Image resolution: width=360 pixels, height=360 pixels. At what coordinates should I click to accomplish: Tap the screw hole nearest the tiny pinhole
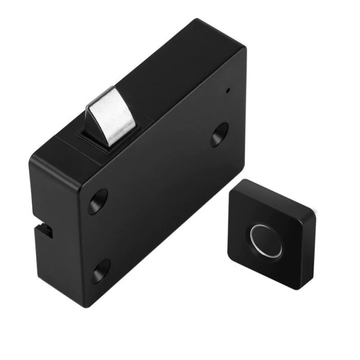tap(219, 134)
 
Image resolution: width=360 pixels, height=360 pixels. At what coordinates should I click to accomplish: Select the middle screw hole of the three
tap(97, 201)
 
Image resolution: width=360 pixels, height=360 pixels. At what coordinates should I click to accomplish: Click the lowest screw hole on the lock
tap(101, 271)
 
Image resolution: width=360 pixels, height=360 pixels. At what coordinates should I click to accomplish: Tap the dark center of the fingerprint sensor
tap(266, 240)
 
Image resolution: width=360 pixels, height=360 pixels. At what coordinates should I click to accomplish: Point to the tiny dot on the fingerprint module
tap(294, 255)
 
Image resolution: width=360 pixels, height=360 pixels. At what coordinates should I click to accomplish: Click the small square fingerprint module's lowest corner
tap(295, 288)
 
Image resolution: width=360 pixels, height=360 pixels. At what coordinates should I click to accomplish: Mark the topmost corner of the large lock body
tap(197, 21)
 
